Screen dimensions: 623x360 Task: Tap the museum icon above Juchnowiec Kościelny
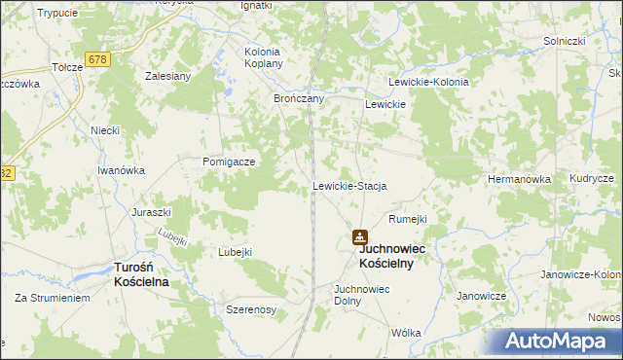360,236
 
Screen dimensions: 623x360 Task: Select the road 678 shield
96,59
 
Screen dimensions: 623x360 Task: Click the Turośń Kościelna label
142,273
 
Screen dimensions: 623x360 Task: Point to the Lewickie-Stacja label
350,186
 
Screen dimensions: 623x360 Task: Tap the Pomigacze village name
229,162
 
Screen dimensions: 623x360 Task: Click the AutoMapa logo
560,342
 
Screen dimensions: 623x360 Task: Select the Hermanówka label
519,180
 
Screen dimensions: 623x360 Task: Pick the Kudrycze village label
592,180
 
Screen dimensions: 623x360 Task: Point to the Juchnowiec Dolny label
361,295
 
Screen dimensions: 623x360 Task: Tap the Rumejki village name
408,219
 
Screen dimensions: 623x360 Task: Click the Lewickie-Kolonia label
428,83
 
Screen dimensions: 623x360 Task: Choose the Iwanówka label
122,170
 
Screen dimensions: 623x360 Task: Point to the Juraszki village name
152,211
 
